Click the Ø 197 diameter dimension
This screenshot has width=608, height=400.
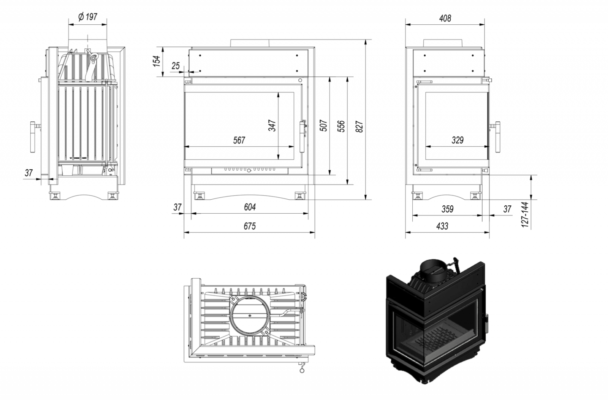[88, 17]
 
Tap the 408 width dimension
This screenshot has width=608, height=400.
[445, 18]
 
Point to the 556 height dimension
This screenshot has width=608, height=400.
[341, 126]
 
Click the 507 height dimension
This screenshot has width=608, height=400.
[323, 125]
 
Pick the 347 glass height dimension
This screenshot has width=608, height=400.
[272, 125]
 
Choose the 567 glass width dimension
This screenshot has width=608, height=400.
[239, 140]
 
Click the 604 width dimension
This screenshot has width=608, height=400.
[249, 207]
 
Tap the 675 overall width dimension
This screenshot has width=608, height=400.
[249, 226]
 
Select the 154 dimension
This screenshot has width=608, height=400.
[156, 61]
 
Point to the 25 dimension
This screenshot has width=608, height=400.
[175, 66]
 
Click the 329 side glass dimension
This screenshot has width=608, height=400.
[458, 140]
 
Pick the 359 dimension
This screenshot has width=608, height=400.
[448, 209]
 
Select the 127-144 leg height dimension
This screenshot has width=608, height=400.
[525, 215]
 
